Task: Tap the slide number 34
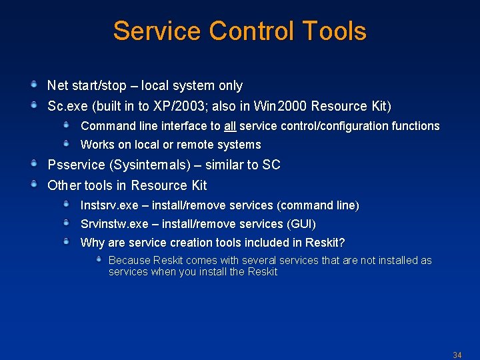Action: tap(457, 355)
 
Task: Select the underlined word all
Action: tap(230, 126)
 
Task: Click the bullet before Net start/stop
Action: tap(33, 85)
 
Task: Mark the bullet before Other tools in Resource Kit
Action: tap(33, 184)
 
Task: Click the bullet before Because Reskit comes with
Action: tap(99, 259)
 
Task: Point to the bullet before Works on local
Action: tap(67, 143)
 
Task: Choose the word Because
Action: tap(129, 261)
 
